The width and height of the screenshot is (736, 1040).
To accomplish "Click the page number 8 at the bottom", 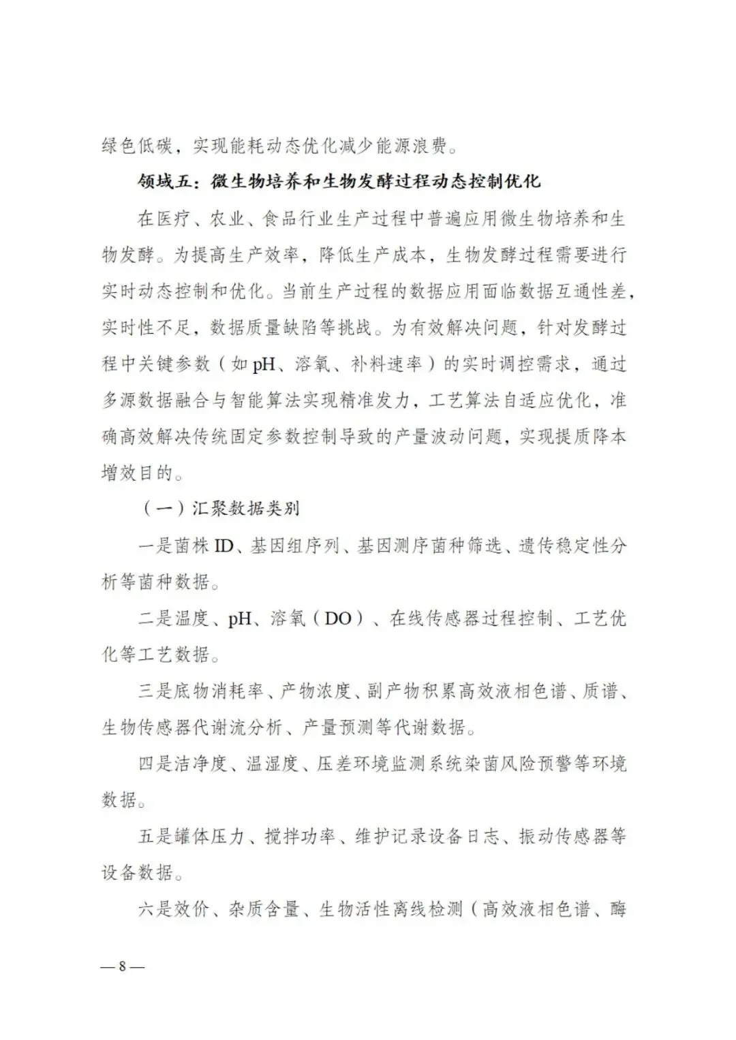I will click(x=123, y=966).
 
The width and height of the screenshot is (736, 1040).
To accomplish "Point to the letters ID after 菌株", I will click(x=224, y=546).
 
